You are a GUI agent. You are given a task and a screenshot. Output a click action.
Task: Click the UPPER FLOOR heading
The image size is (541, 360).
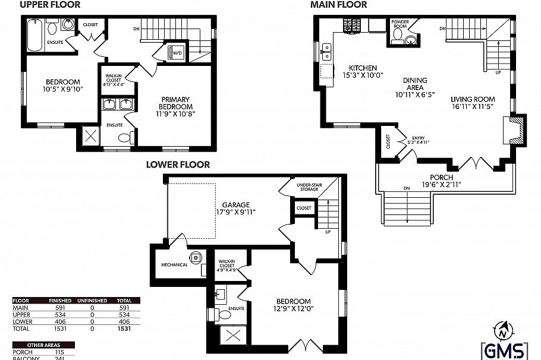[51, 5]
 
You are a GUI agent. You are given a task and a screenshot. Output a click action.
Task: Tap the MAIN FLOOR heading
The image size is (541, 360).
[339, 5]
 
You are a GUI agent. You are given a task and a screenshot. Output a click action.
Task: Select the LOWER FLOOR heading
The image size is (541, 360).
[178, 165]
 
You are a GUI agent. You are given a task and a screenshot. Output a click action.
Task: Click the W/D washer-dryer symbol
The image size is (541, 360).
[177, 53]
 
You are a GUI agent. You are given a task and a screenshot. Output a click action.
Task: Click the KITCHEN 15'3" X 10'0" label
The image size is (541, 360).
[366, 71]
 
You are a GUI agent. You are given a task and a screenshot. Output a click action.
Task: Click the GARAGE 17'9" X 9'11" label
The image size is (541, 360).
[235, 207]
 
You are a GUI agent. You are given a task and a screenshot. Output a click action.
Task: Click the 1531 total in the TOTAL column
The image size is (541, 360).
[124, 328]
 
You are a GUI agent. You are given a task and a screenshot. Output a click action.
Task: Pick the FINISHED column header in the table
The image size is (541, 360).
[58, 301]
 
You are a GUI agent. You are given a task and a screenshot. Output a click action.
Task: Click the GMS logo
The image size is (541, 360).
[504, 350]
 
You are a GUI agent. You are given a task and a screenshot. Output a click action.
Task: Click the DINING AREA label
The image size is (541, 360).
[416, 87]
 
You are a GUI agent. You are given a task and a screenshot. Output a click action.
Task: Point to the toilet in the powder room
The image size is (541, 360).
[411, 40]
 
